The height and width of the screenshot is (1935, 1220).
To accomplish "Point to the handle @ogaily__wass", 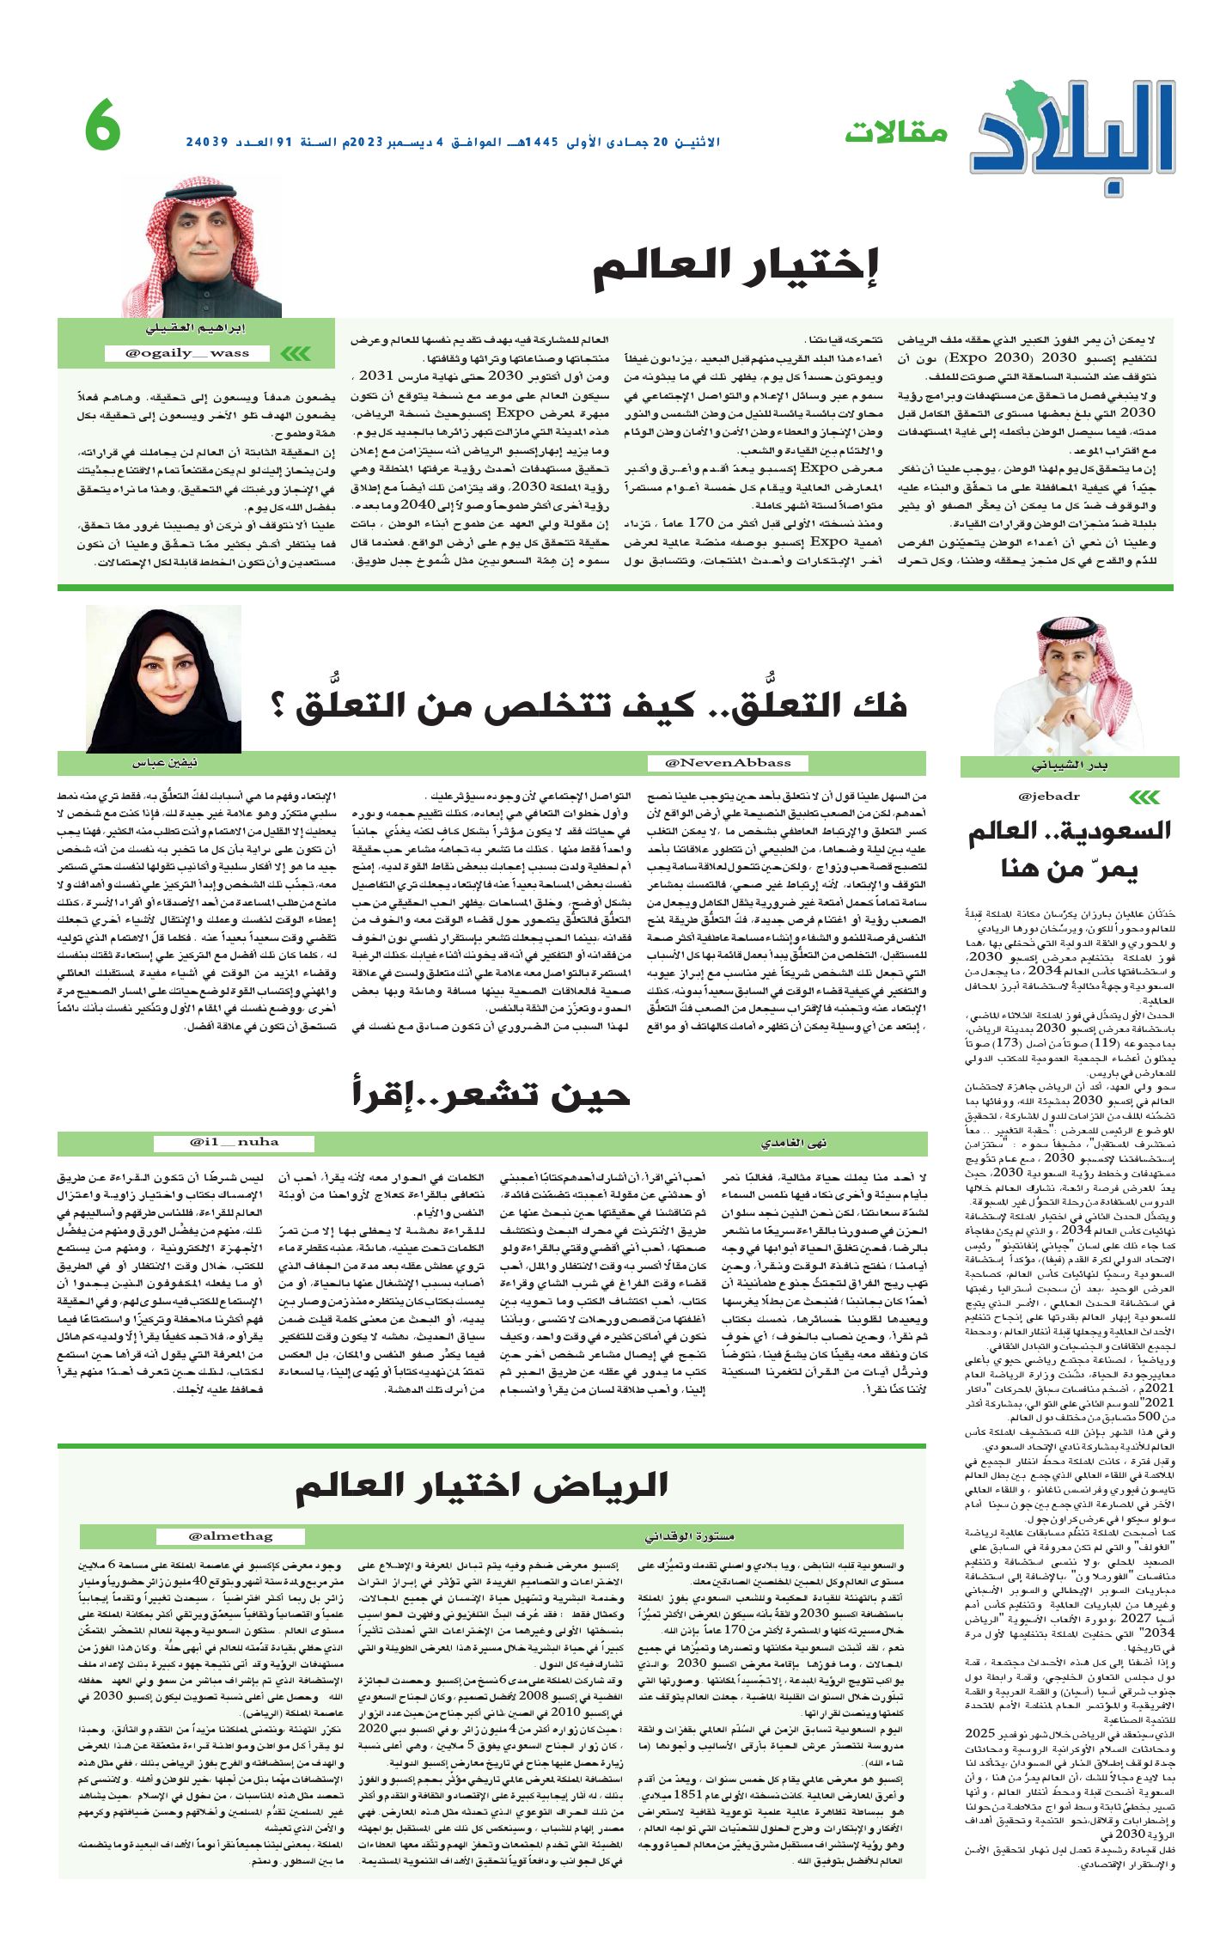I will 187,353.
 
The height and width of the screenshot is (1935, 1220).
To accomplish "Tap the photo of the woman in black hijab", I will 163,678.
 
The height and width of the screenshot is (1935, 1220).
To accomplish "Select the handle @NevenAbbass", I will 729,762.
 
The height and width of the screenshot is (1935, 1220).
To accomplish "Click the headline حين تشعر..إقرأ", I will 491,1093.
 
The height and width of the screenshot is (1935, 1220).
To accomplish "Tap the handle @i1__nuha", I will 235,1142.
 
